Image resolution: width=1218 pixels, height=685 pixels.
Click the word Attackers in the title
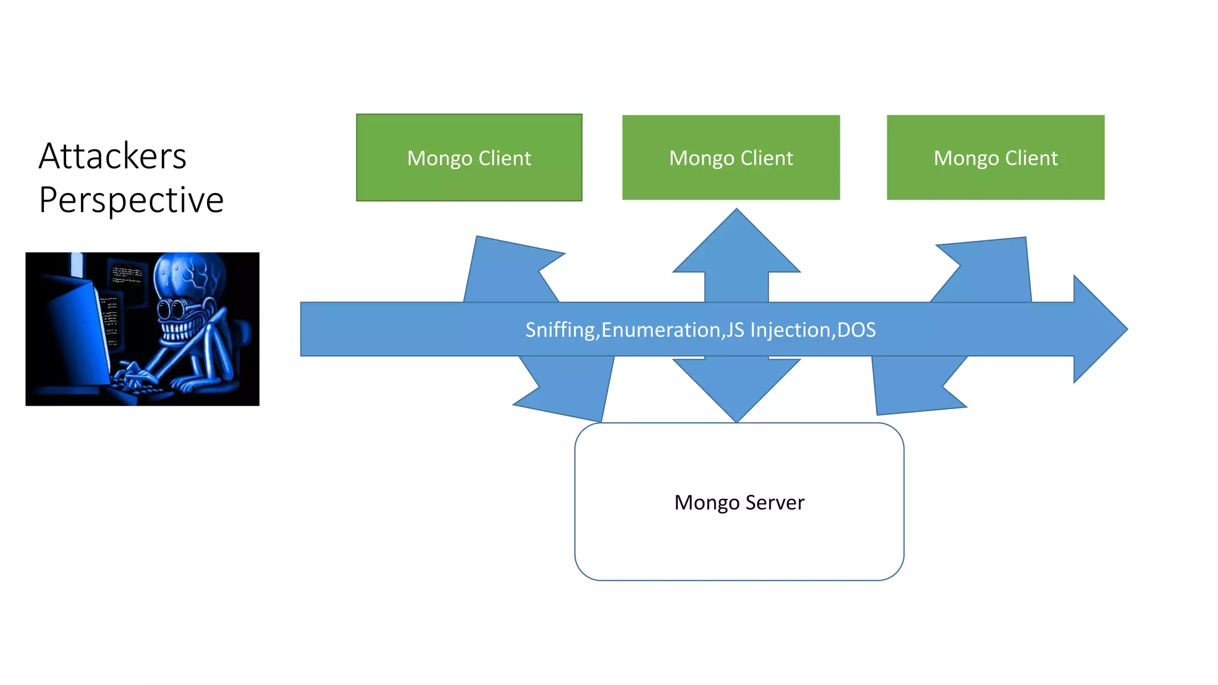tap(112, 156)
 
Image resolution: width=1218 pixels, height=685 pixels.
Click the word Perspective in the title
tap(131, 200)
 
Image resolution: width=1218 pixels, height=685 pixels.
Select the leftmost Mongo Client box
tap(469, 158)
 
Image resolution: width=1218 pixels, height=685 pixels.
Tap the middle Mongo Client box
tap(731, 158)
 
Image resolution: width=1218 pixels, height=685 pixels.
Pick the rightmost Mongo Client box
tap(995, 158)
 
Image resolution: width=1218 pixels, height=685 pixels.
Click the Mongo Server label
tap(739, 502)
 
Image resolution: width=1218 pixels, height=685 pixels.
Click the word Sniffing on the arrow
tap(561, 330)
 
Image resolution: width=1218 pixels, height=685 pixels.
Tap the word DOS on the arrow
tap(856, 330)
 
